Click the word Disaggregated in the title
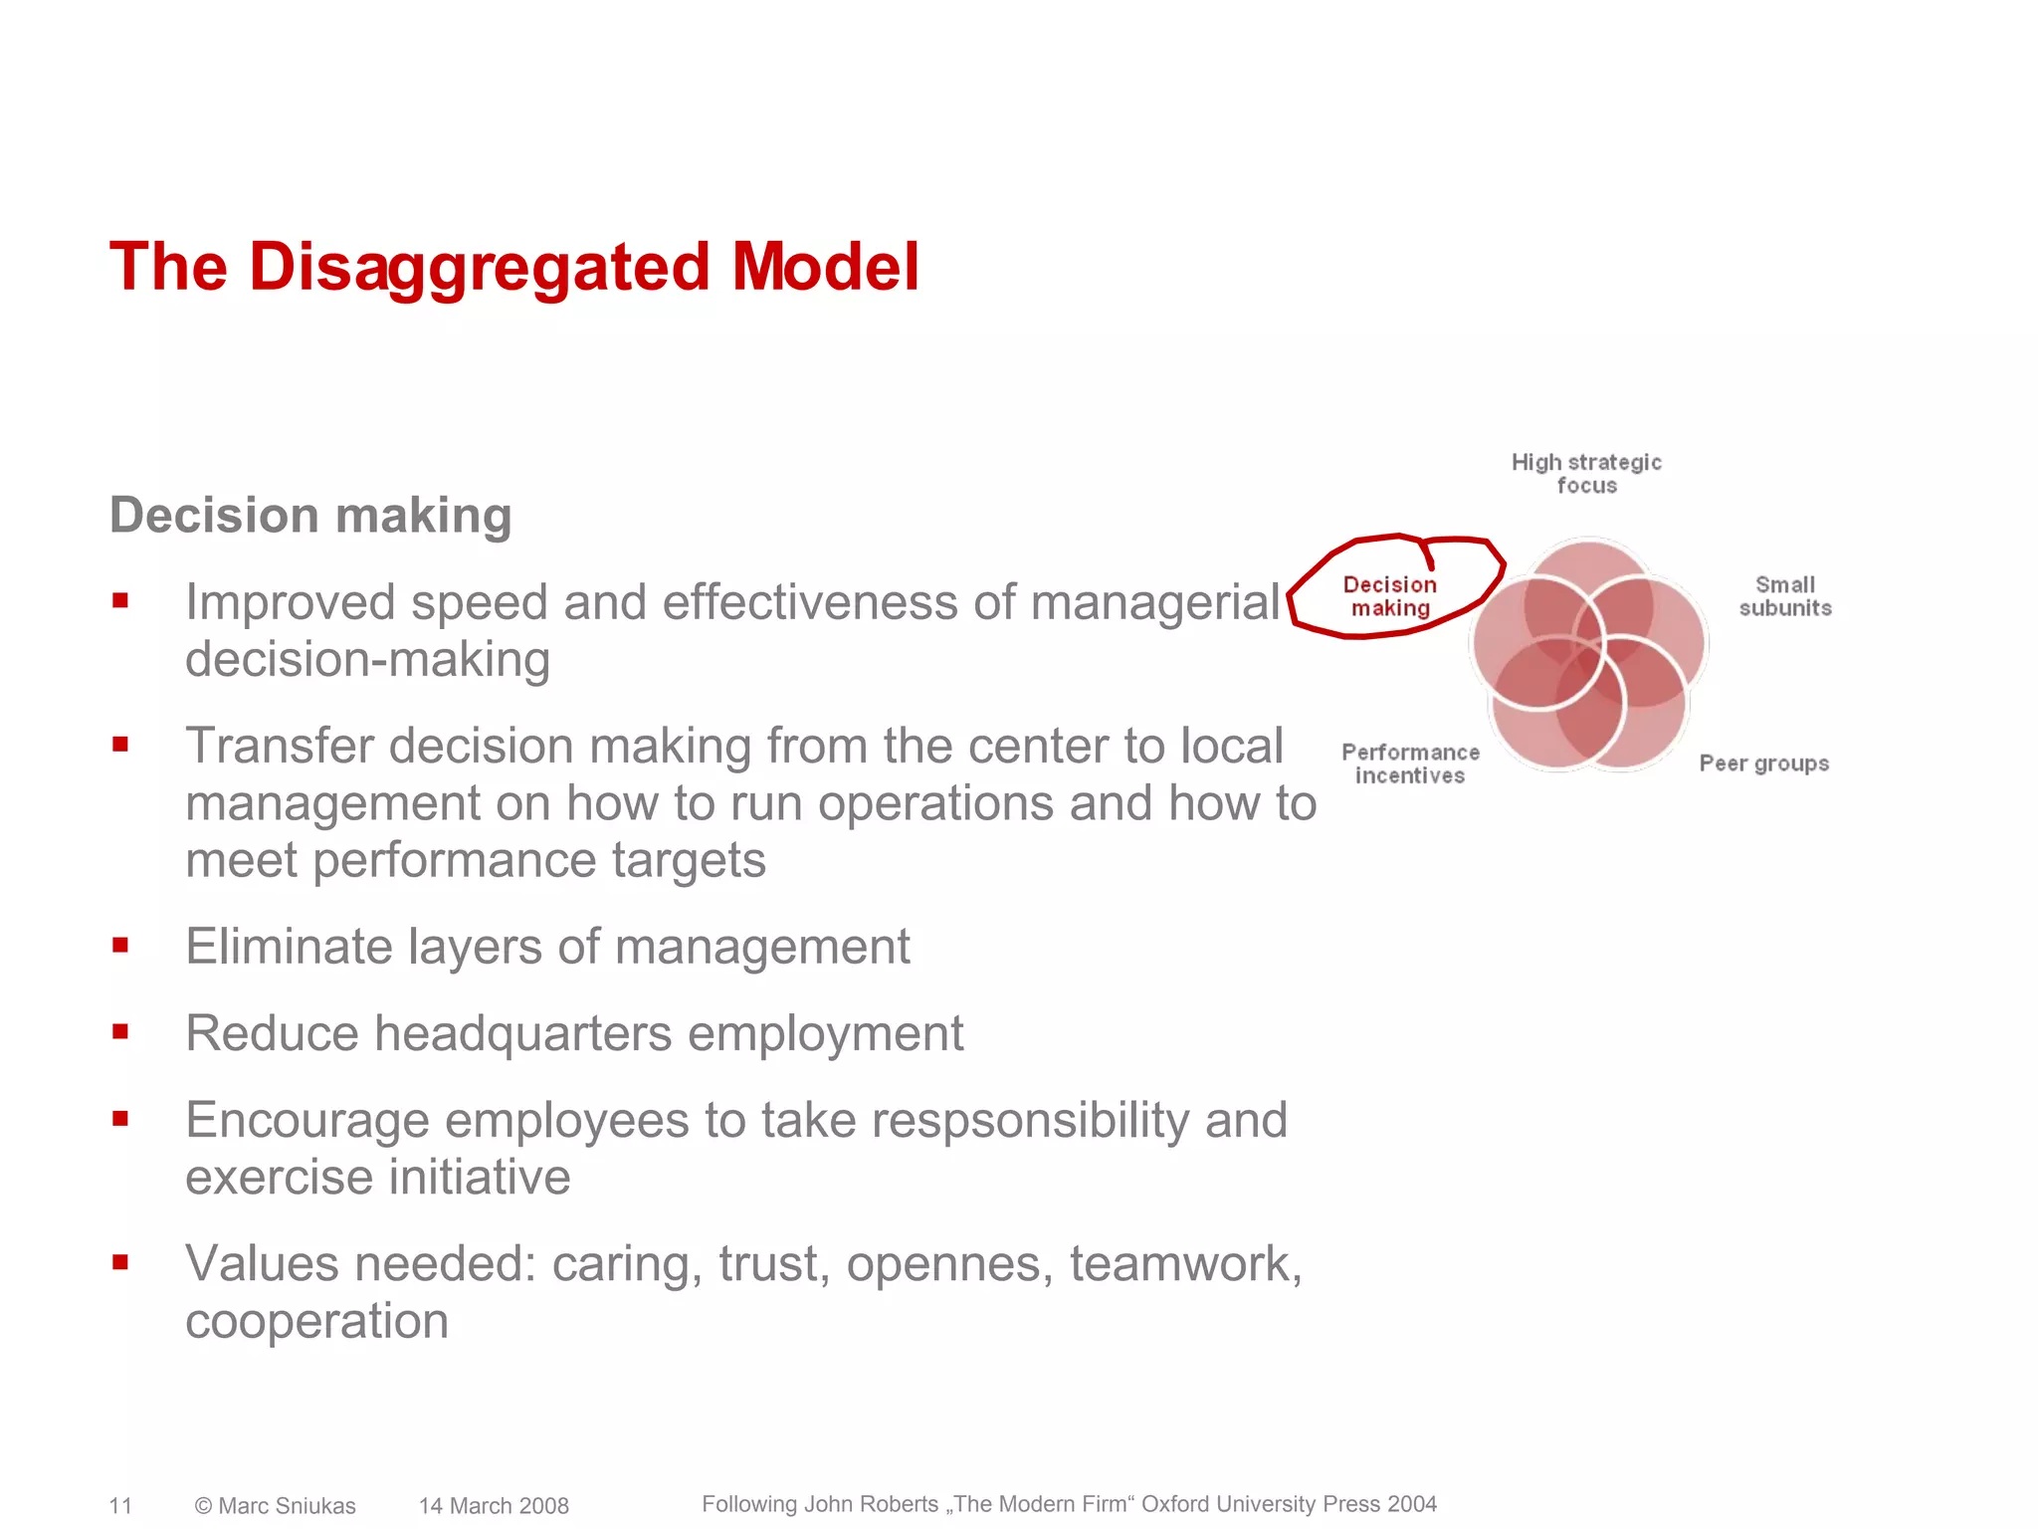click(x=479, y=268)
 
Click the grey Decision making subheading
click(x=310, y=516)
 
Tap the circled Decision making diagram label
click(x=1389, y=596)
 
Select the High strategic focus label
click(x=1586, y=474)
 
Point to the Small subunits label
click(x=1785, y=596)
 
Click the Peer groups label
click(x=1763, y=764)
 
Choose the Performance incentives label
click(x=1410, y=764)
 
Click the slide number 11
click(x=120, y=1505)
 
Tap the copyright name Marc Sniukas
click(x=287, y=1506)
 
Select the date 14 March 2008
click(x=494, y=1506)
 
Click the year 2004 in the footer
click(x=1412, y=1504)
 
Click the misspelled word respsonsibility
click(x=1030, y=1121)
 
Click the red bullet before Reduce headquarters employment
click(x=120, y=1032)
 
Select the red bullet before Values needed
click(x=120, y=1263)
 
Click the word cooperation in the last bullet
click(x=316, y=1321)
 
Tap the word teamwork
click(x=1184, y=1264)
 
